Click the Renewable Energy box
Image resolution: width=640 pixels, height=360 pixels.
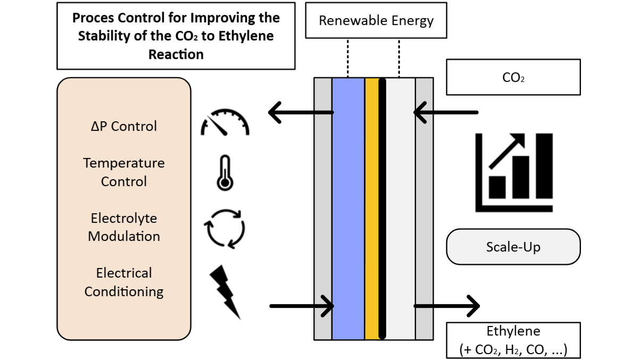point(376,21)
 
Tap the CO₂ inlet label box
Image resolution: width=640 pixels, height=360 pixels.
point(513,77)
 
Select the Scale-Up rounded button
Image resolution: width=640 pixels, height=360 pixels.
point(513,247)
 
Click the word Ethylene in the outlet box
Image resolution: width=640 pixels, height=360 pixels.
point(513,331)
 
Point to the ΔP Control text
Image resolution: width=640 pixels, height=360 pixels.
point(124,126)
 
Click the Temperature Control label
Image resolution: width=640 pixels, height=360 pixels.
point(124,172)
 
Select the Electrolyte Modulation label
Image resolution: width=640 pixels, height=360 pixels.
point(124,227)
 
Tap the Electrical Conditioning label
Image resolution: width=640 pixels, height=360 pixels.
point(124,282)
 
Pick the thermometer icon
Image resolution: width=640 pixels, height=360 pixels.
point(225,173)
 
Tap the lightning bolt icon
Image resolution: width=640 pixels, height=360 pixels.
point(225,292)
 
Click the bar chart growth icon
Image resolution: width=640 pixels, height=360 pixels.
point(514,173)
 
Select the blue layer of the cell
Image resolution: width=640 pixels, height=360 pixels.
point(348,208)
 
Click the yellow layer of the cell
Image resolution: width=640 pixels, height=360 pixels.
point(372,208)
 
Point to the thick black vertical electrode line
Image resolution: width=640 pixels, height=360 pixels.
point(383,208)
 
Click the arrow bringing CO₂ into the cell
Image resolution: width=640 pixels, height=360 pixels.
point(446,113)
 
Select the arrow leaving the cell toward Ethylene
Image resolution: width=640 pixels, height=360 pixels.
point(446,306)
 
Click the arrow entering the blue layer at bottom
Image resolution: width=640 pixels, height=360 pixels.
point(302,306)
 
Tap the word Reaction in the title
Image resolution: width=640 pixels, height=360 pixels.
point(176,54)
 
